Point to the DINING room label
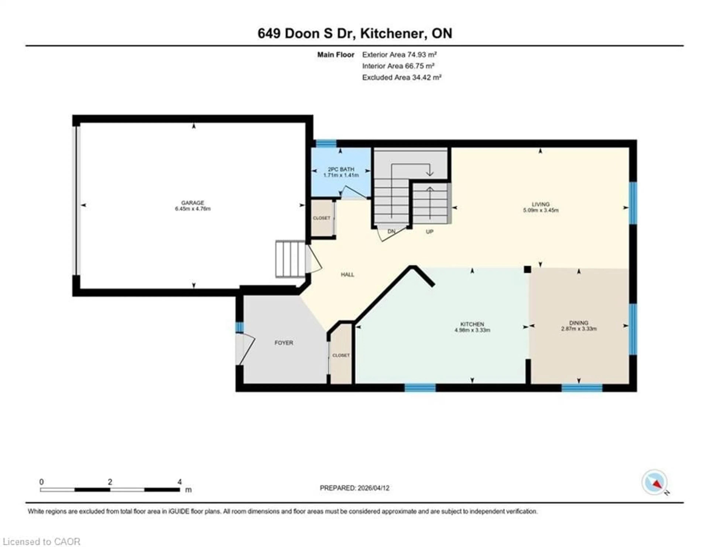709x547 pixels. point(578,323)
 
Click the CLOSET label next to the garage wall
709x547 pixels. point(321,218)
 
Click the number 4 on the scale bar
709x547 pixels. point(179,482)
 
